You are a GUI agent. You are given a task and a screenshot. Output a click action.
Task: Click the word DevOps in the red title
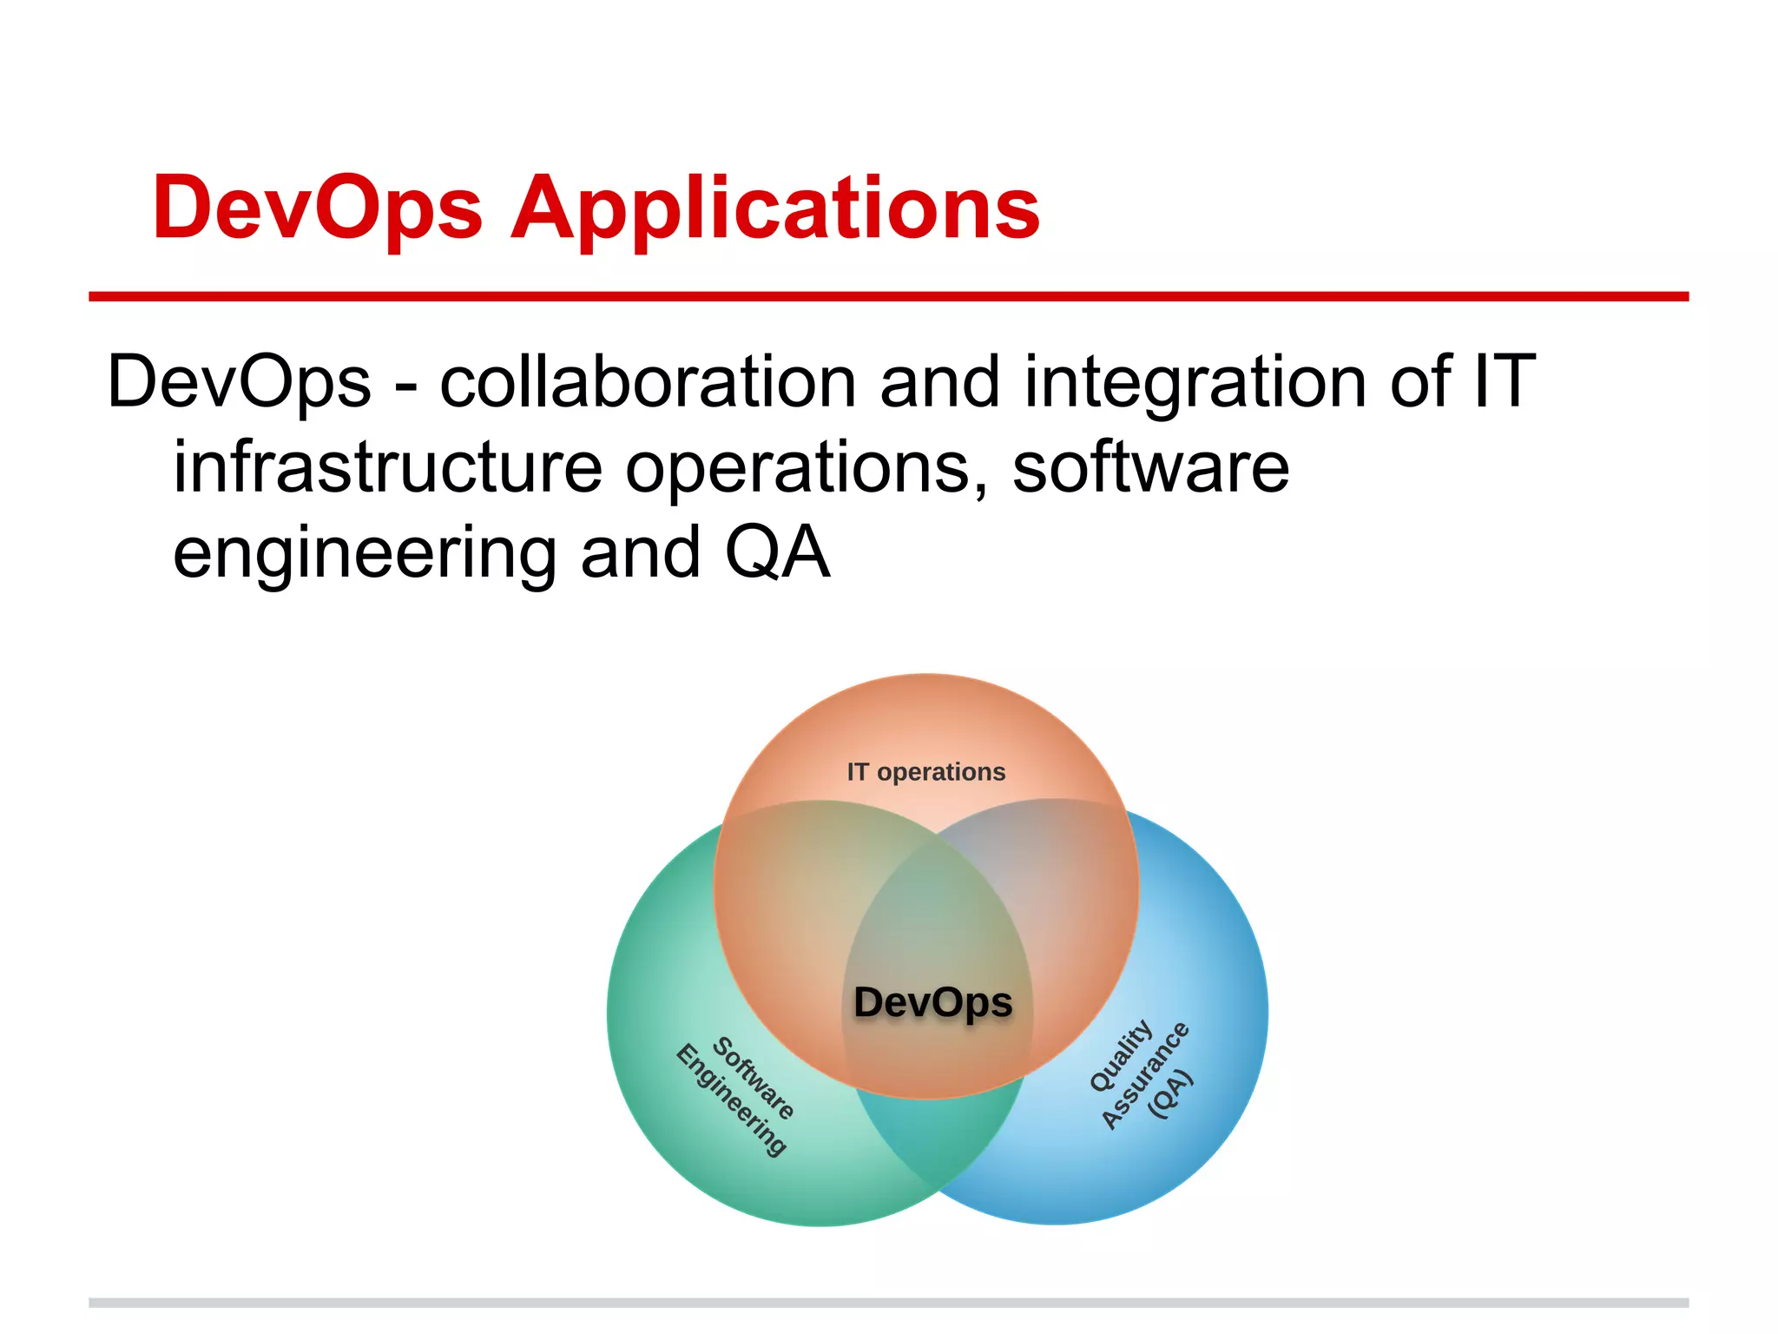(x=317, y=208)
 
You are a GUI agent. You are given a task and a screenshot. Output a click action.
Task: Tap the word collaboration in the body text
(x=648, y=382)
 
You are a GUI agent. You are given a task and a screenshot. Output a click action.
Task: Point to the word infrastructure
(x=387, y=467)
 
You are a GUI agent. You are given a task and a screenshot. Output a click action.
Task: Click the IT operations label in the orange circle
(x=925, y=772)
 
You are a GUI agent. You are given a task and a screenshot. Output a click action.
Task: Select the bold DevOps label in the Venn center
(x=933, y=1002)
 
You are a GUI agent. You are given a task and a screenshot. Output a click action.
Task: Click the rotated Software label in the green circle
(x=754, y=1077)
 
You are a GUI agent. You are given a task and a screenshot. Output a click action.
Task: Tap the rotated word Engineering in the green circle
(x=731, y=1100)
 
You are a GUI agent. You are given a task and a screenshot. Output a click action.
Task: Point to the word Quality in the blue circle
(x=1121, y=1055)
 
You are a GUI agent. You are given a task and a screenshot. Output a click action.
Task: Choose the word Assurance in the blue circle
(x=1145, y=1075)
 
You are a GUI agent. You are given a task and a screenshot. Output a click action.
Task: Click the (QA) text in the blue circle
(x=1170, y=1094)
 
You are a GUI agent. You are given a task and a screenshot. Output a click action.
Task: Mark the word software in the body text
(x=1150, y=467)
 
